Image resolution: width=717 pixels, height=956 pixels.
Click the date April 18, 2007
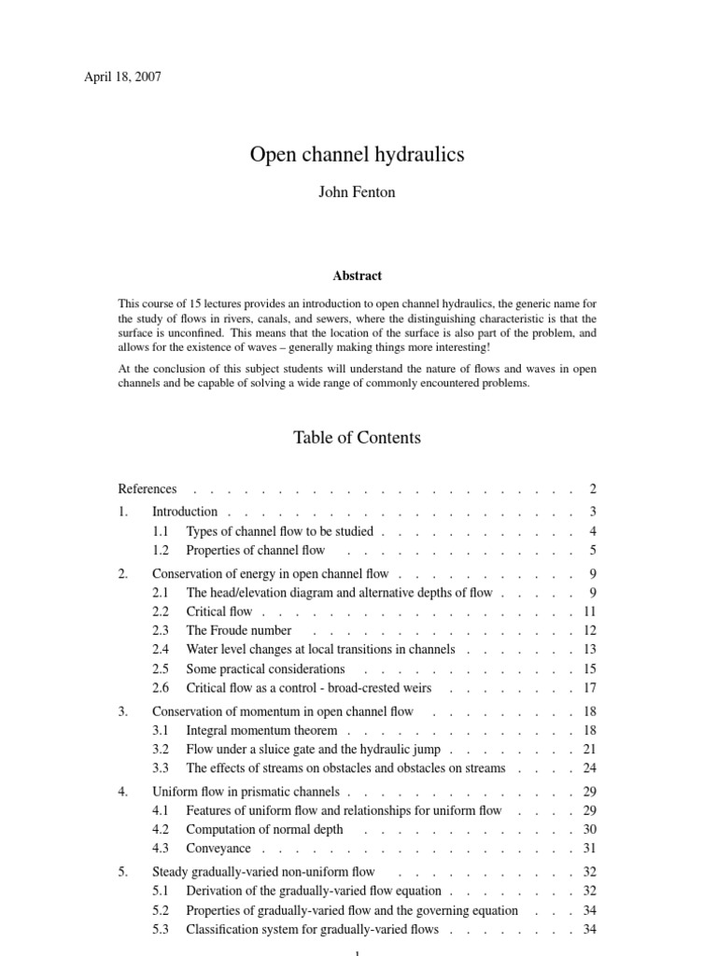coord(122,77)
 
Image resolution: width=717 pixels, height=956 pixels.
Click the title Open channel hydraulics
coord(357,155)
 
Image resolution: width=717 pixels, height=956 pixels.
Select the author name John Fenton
coord(357,193)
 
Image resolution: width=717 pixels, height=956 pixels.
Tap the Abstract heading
coord(357,276)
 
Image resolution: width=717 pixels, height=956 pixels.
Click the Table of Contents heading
coord(357,438)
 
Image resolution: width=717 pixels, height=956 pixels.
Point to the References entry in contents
coord(148,489)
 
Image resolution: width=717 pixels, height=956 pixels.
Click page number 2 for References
coord(592,489)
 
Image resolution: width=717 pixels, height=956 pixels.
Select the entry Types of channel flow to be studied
coord(279,531)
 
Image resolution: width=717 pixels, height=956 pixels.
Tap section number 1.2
coord(161,551)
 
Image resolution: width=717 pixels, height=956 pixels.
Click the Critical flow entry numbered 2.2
coord(219,612)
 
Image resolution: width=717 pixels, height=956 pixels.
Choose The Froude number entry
coord(239,631)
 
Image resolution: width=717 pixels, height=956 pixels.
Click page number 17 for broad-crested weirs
coord(589,688)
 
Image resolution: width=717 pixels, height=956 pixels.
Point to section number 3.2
coord(161,750)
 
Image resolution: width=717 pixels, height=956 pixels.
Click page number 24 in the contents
coord(589,768)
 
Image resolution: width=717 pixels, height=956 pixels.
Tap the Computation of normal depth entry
coord(264,829)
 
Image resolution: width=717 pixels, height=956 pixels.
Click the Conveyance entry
coord(218,849)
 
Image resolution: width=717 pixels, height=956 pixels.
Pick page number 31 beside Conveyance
coord(589,849)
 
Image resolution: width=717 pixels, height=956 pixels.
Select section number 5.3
coord(161,930)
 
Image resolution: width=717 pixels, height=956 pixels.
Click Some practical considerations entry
coord(265,669)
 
